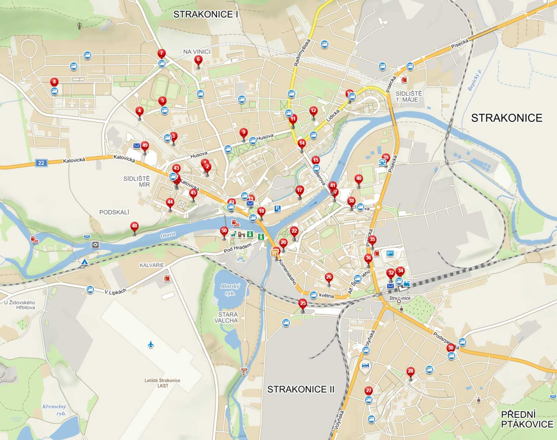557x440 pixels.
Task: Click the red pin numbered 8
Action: coord(54,82)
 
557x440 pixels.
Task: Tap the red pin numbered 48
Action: coord(135,226)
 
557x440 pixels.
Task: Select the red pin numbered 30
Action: coord(450,348)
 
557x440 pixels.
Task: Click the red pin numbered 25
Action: coord(303,303)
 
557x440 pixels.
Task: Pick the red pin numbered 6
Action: coord(198,60)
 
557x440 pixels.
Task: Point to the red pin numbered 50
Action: coord(224,231)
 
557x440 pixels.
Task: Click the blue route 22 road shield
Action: coord(41,163)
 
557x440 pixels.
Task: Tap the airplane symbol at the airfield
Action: coord(151,344)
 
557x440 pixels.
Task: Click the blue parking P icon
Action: coord(278,209)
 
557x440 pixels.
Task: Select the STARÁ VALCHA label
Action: coord(228,318)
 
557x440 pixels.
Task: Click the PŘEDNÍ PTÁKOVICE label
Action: coord(527,419)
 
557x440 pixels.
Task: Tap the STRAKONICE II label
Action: coord(301,389)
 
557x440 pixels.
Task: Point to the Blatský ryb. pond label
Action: coord(230,289)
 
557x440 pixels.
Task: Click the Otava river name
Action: coord(168,235)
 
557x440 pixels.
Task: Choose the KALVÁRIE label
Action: coord(152,265)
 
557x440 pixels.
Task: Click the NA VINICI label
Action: coord(197,52)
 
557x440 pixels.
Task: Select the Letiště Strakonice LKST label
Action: coord(163,383)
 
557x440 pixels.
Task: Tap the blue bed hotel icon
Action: coord(365,365)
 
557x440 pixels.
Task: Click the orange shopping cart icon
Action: coord(274,253)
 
